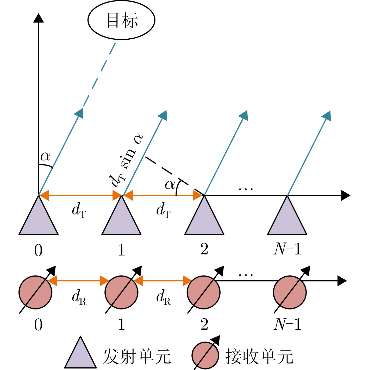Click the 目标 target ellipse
[x=121, y=20]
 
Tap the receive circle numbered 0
[x=35, y=293]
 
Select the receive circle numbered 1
[x=121, y=293]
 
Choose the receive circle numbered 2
[x=204, y=293]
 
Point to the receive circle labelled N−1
[x=290, y=293]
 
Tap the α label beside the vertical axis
[x=46, y=157]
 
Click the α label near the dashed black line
[x=170, y=185]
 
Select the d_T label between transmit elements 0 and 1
[x=79, y=210]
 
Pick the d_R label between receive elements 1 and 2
[x=164, y=297]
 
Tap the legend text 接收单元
[x=259, y=356]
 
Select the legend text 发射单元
[x=137, y=356]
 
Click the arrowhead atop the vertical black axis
[x=39, y=18]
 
